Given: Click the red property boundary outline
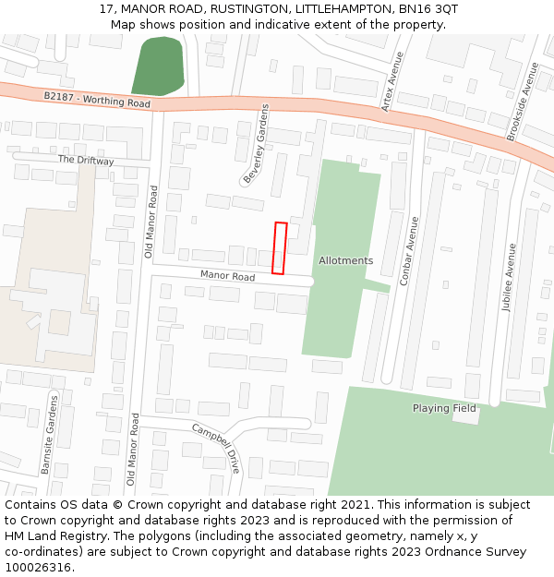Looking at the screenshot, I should click(280, 247).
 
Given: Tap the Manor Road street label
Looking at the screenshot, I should click(228, 276).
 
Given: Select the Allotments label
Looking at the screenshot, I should click(346, 260).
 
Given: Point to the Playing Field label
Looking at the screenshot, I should click(444, 408).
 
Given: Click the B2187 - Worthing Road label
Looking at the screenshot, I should click(97, 100).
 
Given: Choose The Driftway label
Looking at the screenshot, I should click(86, 160).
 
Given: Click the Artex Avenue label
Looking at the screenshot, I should click(392, 81).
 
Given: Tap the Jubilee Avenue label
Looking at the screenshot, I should click(508, 278).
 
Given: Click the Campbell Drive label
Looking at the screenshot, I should click(216, 448).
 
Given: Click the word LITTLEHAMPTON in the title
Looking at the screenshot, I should click(338, 8).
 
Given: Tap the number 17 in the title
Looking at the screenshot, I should click(106, 8).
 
